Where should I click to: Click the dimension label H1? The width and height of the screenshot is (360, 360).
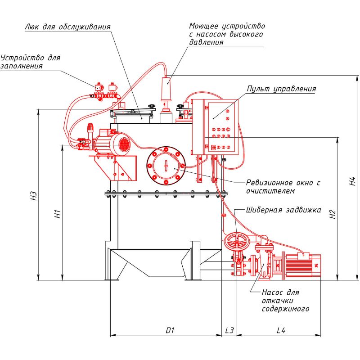point(58,215)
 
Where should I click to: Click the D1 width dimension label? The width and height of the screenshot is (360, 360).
point(170,330)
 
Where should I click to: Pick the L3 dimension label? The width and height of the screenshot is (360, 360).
point(229,330)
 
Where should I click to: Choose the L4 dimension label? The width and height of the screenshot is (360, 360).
point(281,330)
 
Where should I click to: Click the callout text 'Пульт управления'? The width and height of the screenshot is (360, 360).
point(281,89)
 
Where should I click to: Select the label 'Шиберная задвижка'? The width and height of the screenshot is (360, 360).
point(283,210)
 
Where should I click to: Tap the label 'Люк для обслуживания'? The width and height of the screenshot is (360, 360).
point(67,27)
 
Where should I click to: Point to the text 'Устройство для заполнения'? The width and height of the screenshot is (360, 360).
point(31,62)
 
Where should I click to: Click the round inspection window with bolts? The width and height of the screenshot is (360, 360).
point(166,166)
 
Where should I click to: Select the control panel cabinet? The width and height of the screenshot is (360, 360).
point(213,126)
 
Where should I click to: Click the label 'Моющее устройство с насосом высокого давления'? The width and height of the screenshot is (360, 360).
point(226,34)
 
